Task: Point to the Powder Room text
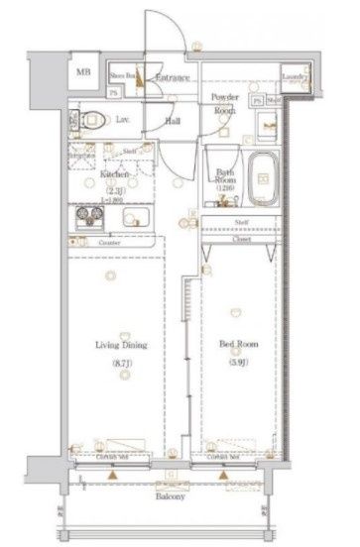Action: [x=225, y=103]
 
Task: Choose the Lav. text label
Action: [x=123, y=119]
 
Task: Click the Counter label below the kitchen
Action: [x=111, y=242]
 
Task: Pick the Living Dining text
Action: [x=122, y=346]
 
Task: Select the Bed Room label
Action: [x=239, y=346]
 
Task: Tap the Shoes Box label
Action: [x=122, y=74]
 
